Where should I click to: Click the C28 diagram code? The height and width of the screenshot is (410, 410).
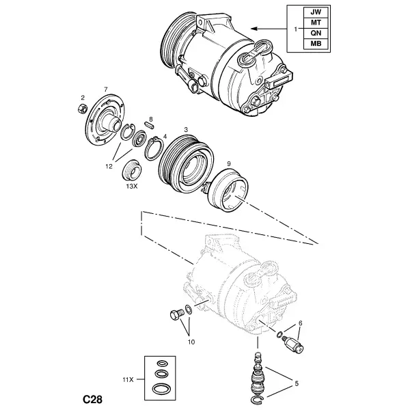pos(92,400)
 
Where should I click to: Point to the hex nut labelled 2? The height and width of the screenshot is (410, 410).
pos(82,109)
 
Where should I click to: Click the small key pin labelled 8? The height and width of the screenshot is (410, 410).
pos(149,125)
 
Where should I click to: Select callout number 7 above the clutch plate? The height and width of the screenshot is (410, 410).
pos(106,90)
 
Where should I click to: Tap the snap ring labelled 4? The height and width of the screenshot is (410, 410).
pos(154,148)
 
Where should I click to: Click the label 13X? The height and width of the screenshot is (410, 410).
pos(131,187)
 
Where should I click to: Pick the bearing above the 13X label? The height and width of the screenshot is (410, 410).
pos(132,170)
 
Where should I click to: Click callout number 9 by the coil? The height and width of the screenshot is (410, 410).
pos(229,164)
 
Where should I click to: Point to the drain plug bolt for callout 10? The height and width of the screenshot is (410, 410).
pos(177,314)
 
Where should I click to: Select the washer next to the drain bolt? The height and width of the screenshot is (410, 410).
pos(189,309)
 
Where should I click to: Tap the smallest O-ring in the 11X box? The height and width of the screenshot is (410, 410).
pos(162,364)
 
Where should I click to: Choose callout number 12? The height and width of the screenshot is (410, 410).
pos(109,166)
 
